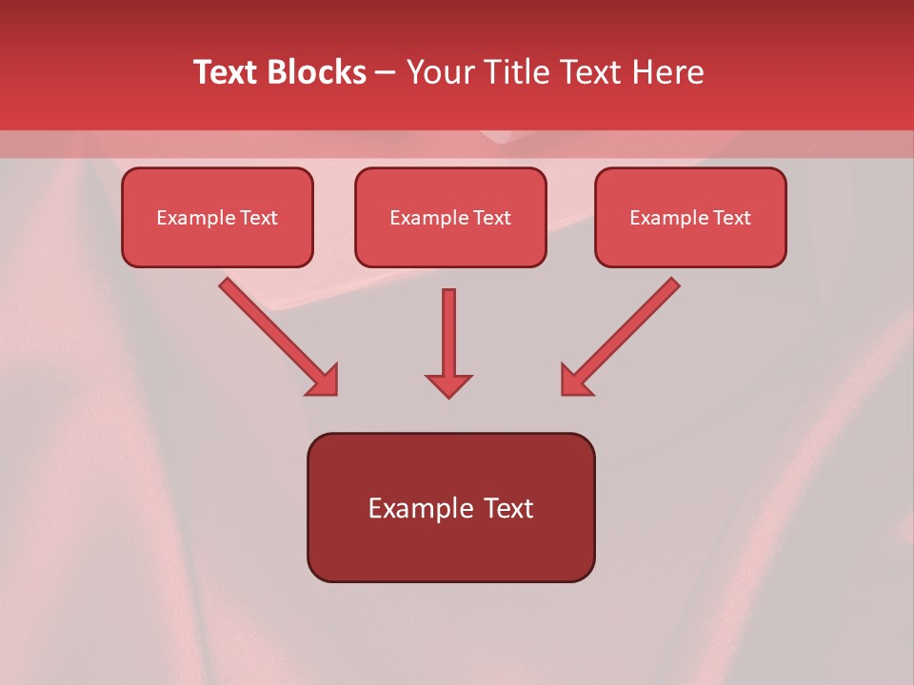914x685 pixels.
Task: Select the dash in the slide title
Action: tap(386, 73)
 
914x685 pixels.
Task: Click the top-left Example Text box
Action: tap(217, 218)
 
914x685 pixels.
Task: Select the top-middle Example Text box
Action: tap(450, 218)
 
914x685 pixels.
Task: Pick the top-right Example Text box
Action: tap(690, 218)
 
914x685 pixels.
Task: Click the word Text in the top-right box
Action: tap(732, 218)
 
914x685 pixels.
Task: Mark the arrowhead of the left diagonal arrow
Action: tap(324, 382)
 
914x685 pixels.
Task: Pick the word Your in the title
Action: tap(439, 72)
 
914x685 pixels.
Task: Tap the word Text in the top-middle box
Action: tap(492, 218)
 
